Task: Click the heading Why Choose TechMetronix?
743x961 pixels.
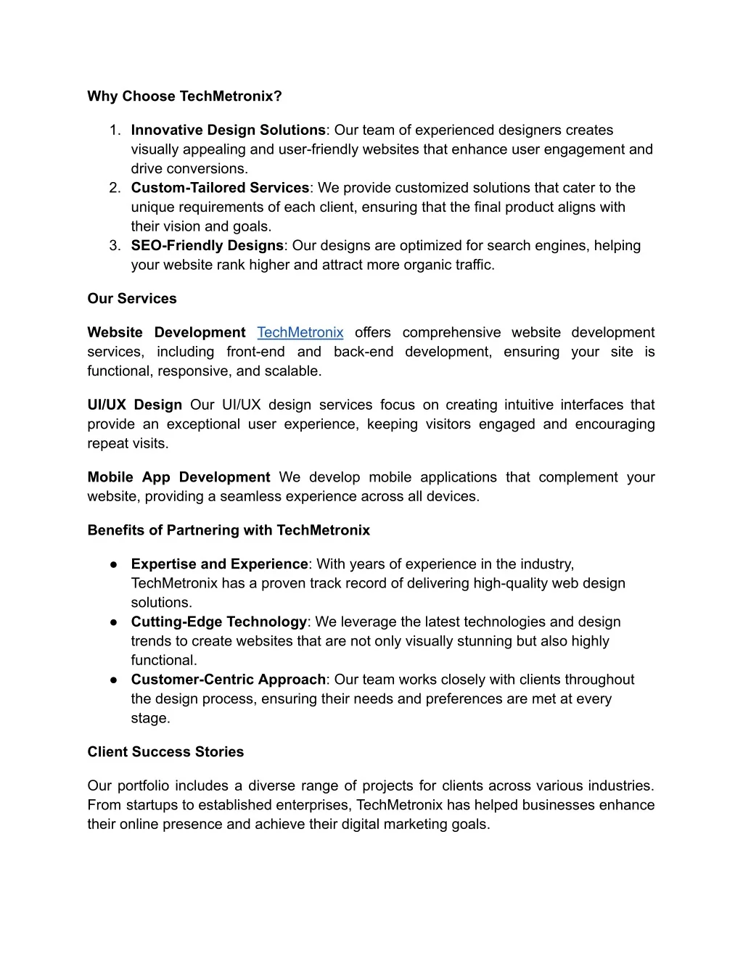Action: pyautogui.click(x=184, y=96)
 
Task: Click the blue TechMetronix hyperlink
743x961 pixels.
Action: pyautogui.click(x=300, y=332)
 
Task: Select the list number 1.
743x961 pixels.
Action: pyautogui.click(x=115, y=131)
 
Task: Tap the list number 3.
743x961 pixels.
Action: pyautogui.click(x=115, y=246)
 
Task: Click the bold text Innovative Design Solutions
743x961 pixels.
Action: pyautogui.click(x=228, y=131)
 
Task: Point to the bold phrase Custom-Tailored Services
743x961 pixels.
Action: pyautogui.click(x=220, y=188)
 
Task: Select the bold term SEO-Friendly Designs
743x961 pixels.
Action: pyautogui.click(x=207, y=246)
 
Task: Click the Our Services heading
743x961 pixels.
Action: pyautogui.click(x=132, y=299)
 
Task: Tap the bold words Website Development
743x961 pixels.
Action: pyautogui.click(x=166, y=332)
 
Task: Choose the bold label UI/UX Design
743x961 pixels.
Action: pyautogui.click(x=134, y=405)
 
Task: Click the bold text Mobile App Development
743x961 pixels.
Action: pyautogui.click(x=178, y=477)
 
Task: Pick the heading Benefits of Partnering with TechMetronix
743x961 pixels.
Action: pyautogui.click(x=229, y=530)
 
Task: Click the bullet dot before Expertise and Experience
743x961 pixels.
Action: pyautogui.click(x=115, y=564)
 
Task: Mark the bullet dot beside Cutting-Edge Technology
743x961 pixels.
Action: pyautogui.click(x=115, y=622)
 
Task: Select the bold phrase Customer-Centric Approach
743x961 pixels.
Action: pyautogui.click(x=228, y=680)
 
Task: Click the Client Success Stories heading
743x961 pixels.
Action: pyautogui.click(x=165, y=752)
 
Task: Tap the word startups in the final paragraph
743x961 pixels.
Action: pyautogui.click(x=150, y=805)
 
